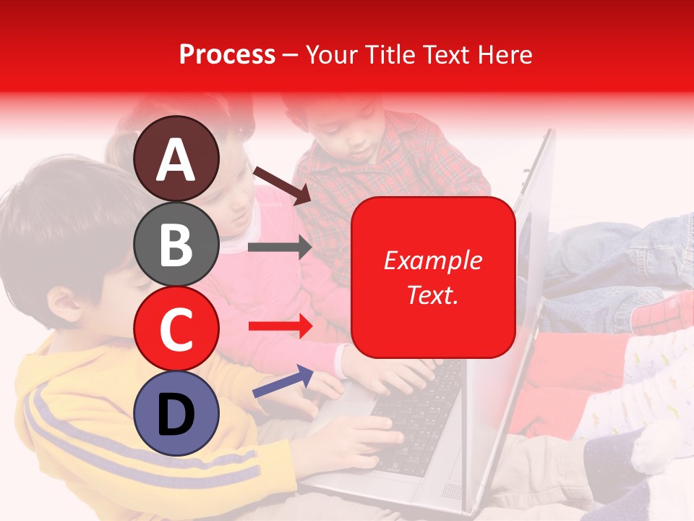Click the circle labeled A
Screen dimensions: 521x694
[x=176, y=158]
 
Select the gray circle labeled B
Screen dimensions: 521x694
[x=176, y=244]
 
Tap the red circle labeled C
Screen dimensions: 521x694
[x=176, y=329]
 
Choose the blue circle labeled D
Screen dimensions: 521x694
[x=176, y=413]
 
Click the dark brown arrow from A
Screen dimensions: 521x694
[x=282, y=185]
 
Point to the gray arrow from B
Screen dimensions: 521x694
[x=279, y=247]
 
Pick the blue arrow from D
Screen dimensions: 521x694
[x=283, y=381]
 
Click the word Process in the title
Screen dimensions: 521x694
[x=227, y=54]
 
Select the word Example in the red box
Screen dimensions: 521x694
[x=432, y=260]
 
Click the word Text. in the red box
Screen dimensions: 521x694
[x=432, y=295]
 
